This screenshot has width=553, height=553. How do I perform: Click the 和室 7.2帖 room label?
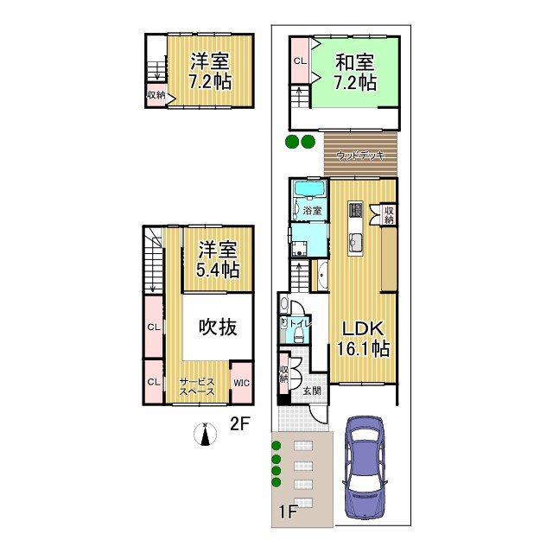pos(355,72)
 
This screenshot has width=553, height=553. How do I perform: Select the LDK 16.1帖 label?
pos(362,340)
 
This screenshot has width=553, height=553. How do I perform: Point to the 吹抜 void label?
pos(218,327)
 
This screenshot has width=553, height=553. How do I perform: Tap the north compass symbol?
pos(205,435)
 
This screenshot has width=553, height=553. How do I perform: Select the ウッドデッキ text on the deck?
pos(360,156)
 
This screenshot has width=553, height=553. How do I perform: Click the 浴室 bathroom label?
pos(312,210)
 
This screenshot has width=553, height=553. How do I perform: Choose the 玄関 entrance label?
pos(312,391)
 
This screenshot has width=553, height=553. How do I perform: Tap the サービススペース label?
pos(197,385)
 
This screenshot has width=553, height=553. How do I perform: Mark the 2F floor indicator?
pos(239,423)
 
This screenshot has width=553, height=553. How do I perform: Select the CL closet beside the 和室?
pos(299,61)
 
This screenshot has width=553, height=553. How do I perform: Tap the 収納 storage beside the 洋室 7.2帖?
pos(156,95)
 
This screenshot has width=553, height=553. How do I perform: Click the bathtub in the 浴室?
pos(308,190)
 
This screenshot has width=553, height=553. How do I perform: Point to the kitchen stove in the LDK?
pos(356,210)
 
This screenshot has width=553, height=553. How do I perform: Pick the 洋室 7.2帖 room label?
pos(210,72)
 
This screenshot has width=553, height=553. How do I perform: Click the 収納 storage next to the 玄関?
pos(283,374)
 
